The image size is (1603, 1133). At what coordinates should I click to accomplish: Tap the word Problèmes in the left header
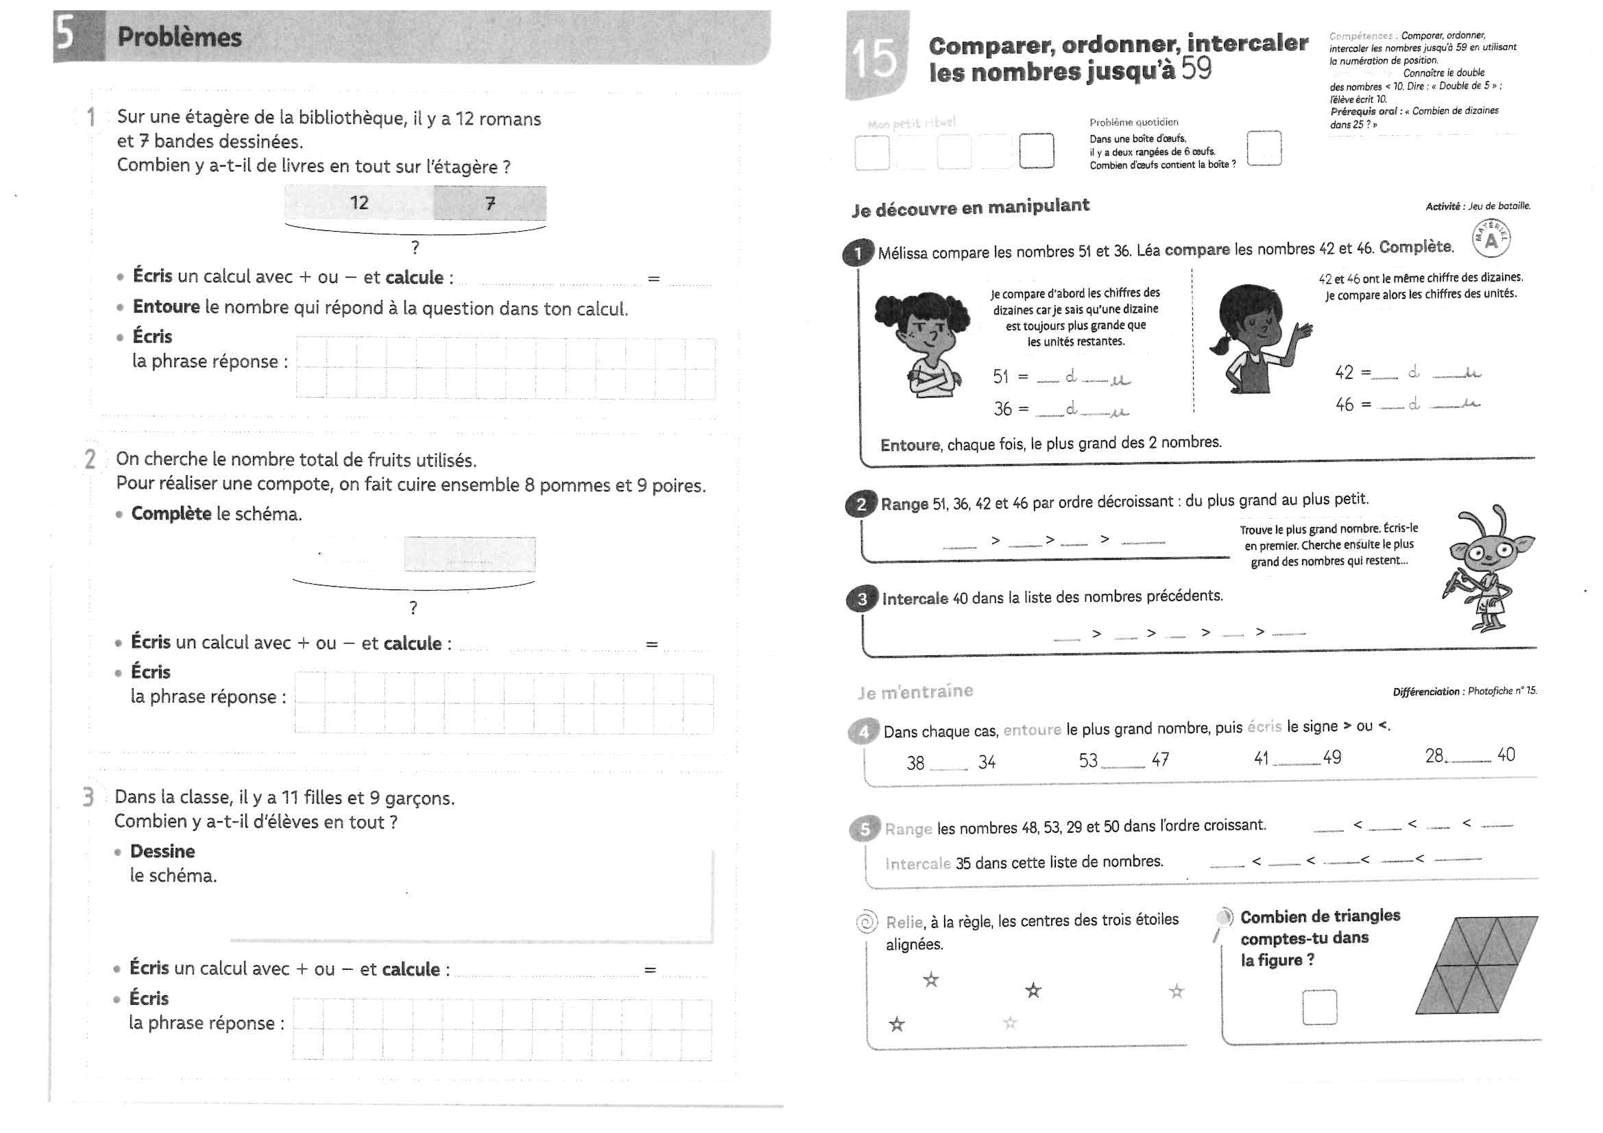pyautogui.click(x=180, y=37)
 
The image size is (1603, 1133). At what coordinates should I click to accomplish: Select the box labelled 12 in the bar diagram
pyautogui.click(x=359, y=203)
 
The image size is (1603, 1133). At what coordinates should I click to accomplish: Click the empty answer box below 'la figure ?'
pyautogui.click(x=1319, y=1008)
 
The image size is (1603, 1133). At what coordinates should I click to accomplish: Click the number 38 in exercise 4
pyautogui.click(x=915, y=763)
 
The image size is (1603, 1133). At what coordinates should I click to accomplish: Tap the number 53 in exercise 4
pyautogui.click(x=1087, y=761)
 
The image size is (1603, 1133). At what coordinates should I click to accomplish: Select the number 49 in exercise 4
pyautogui.click(x=1332, y=758)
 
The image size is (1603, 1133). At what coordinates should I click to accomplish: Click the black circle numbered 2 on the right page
pyautogui.click(x=861, y=504)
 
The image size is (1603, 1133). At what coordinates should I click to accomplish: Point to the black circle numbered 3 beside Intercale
pyautogui.click(x=863, y=599)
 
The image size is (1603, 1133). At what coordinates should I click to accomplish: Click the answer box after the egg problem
pyautogui.click(x=1264, y=149)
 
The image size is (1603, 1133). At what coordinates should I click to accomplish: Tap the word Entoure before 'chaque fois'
pyautogui.click(x=911, y=446)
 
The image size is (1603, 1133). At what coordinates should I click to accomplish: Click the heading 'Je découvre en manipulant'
pyautogui.click(x=970, y=207)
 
